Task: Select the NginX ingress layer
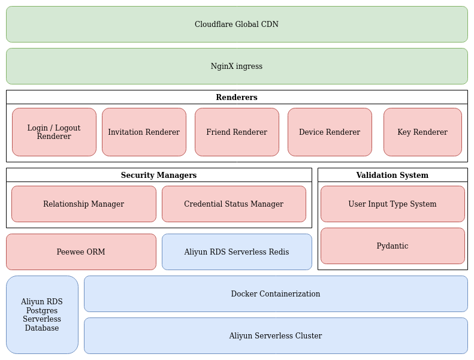tap(237, 66)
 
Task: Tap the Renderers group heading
tap(237, 98)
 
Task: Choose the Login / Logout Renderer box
tap(54, 132)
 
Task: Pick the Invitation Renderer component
tap(144, 132)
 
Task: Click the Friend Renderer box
tap(237, 132)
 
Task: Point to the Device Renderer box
tap(330, 132)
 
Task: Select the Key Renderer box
tap(422, 132)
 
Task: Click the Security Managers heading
tap(159, 176)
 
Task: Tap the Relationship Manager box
tap(84, 204)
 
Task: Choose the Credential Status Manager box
tap(234, 204)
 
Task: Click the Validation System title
tap(393, 176)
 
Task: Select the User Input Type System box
tap(393, 204)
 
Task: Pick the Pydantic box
tap(393, 246)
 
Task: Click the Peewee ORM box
tap(81, 252)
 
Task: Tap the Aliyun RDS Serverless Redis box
tap(237, 252)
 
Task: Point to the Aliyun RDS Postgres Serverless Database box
tap(42, 315)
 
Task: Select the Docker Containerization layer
tap(276, 294)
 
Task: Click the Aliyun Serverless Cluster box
tap(276, 336)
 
